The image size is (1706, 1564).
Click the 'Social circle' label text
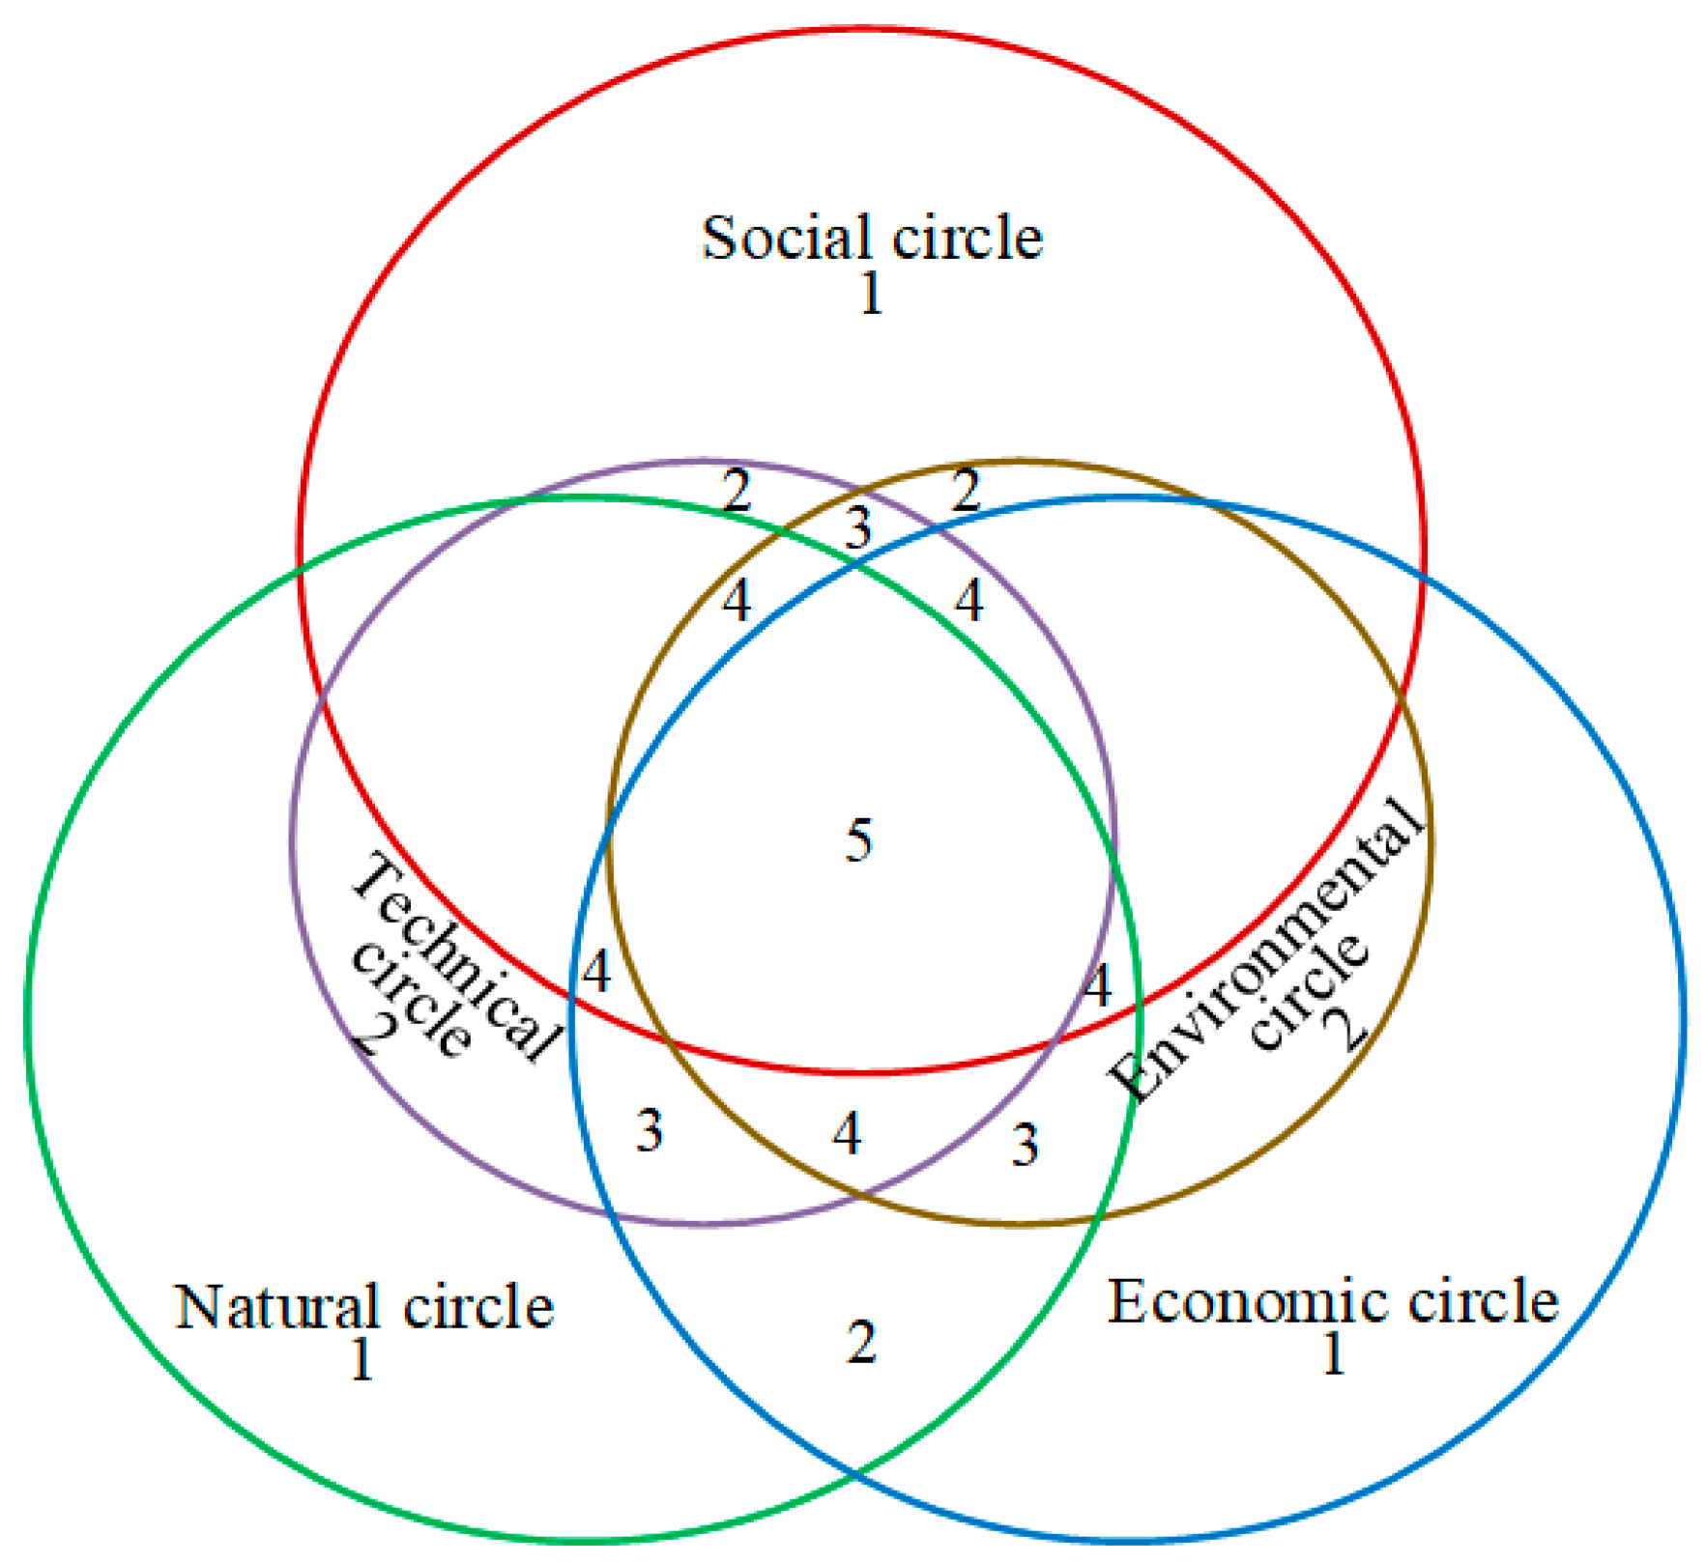pyautogui.click(x=871, y=238)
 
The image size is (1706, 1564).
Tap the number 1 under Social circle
pyautogui.click(x=871, y=295)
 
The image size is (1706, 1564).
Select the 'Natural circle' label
pyautogui.click(x=363, y=1307)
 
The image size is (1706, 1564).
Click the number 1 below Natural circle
pyautogui.click(x=361, y=1360)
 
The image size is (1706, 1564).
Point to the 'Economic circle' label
pyautogui.click(x=1332, y=1301)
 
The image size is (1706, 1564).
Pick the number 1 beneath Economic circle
pyautogui.click(x=1333, y=1353)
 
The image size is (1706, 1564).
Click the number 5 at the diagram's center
pyautogui.click(x=858, y=839)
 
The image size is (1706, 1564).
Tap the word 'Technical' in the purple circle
pyautogui.click(x=454, y=956)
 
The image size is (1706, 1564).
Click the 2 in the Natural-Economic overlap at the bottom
pyautogui.click(x=861, y=1342)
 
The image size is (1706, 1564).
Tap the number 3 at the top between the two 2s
pyautogui.click(x=857, y=528)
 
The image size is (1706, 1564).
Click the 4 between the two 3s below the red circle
pyautogui.click(x=847, y=1133)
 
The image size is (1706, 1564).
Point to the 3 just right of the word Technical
pyautogui.click(x=650, y=1130)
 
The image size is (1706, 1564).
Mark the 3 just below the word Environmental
pyautogui.click(x=1025, y=1146)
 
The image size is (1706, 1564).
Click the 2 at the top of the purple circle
pyautogui.click(x=737, y=491)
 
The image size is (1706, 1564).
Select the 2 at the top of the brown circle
pyautogui.click(x=966, y=491)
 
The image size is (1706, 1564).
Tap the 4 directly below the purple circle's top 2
pyautogui.click(x=737, y=601)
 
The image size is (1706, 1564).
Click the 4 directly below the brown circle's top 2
pyautogui.click(x=969, y=601)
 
